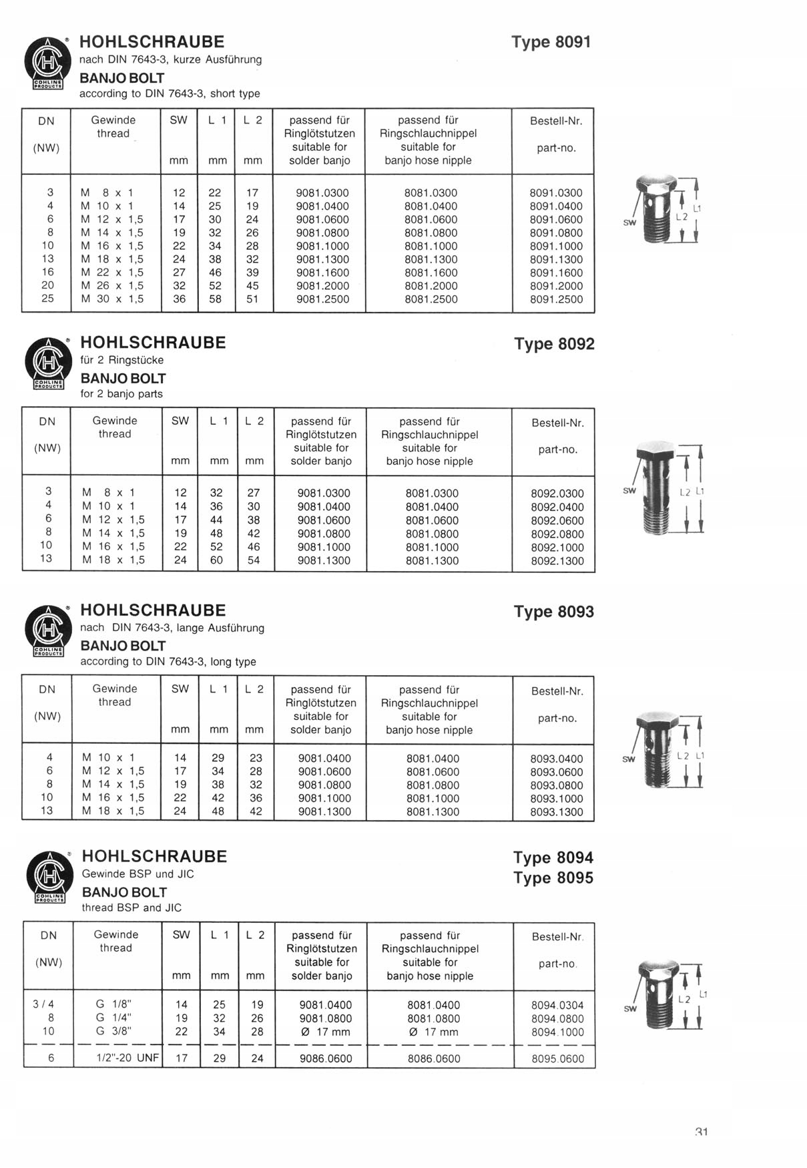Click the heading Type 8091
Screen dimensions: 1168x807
pyautogui.click(x=551, y=42)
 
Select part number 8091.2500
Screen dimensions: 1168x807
pyautogui.click(x=556, y=299)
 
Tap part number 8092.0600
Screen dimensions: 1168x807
pyautogui.click(x=557, y=520)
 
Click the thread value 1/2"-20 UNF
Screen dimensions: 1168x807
pyautogui.click(x=126, y=1058)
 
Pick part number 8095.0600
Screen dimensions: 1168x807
pyautogui.click(x=557, y=1058)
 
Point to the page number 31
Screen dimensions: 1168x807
pyautogui.click(x=701, y=1132)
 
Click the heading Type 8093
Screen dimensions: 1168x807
pyautogui.click(x=553, y=612)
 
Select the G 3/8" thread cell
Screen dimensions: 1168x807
pyautogui.click(x=113, y=1031)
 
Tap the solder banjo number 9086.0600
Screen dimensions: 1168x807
pyautogui.click(x=326, y=1058)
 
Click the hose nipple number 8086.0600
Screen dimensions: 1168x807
pyautogui.click(x=433, y=1058)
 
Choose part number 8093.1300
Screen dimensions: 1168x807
pyautogui.click(x=556, y=812)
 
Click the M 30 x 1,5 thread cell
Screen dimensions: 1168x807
pyautogui.click(x=112, y=299)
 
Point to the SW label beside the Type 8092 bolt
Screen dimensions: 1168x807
pyautogui.click(x=629, y=490)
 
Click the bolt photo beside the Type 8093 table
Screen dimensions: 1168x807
pyautogui.click(x=658, y=749)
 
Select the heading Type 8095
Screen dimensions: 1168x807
pyautogui.click(x=553, y=878)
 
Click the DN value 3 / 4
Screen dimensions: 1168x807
pyautogui.click(x=43, y=1004)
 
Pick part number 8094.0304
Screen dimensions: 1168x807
pyautogui.click(x=557, y=1005)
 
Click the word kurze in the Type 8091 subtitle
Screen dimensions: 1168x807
pyautogui.click(x=188, y=59)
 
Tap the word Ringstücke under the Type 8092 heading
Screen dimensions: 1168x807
pyautogui.click(x=138, y=360)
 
